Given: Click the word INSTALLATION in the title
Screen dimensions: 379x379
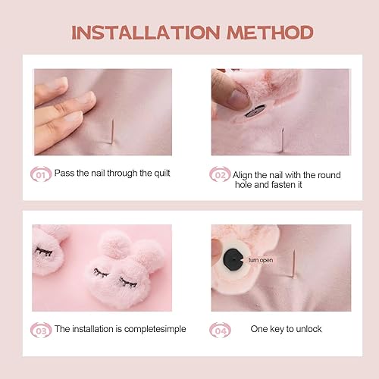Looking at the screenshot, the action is pos(146,33).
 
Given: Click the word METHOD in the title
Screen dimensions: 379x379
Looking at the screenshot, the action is pos(270,33).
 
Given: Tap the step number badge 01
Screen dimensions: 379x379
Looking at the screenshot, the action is pos(40,174).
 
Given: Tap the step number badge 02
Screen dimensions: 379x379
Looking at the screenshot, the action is pos(220,174).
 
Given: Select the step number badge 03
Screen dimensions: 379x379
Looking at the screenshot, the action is pos(41,330).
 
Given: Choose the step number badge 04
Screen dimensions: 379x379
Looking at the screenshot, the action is pos(220,330).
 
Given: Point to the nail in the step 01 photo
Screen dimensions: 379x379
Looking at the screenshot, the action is pos(112,132).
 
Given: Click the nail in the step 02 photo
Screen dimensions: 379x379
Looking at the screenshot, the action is pos(283,139).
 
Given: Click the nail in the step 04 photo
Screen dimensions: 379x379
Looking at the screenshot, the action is pos(294,264).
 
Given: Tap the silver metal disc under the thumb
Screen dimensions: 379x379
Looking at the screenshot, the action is pos(255,111).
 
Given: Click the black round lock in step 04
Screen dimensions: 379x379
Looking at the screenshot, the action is pos(233,259).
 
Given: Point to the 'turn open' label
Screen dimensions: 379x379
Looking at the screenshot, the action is pos(261,260).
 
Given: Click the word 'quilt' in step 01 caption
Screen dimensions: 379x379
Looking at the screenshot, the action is pos(161,174).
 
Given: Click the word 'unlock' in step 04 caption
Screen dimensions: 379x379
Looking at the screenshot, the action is pos(309,329).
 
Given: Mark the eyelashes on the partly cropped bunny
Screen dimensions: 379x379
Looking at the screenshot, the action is pos(44,252).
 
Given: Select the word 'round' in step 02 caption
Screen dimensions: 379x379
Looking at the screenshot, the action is pos(329,175).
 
